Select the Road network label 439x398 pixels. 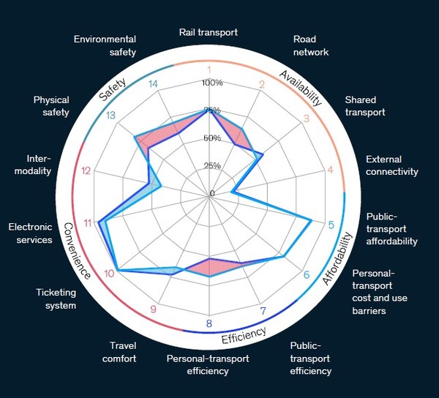click(x=310, y=45)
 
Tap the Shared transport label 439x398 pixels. click(x=365, y=106)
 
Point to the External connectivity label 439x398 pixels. click(x=391, y=165)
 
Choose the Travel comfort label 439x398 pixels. click(x=123, y=352)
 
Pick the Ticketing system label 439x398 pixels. click(x=56, y=298)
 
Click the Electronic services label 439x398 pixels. click(x=31, y=233)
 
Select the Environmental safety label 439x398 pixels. click(x=105, y=45)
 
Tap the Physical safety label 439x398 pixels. click(x=51, y=106)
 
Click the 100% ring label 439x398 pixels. click(x=212, y=83)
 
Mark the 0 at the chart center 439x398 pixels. click(x=212, y=193)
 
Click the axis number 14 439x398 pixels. click(x=153, y=84)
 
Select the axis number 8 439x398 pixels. click(x=209, y=324)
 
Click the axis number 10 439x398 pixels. click(x=110, y=274)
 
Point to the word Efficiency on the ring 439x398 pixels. click(x=244, y=335)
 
